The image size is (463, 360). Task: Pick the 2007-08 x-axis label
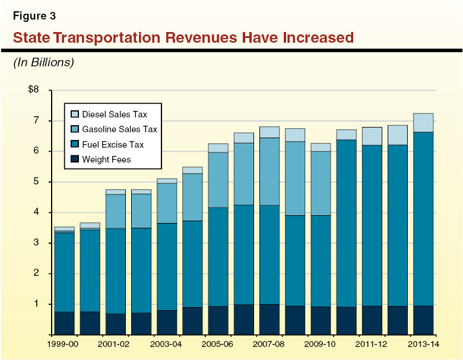[x=269, y=344]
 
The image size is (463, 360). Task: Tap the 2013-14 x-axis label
[x=423, y=344]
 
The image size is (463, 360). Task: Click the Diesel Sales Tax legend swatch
[x=74, y=114]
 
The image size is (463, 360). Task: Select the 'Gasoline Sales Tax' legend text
[x=119, y=129]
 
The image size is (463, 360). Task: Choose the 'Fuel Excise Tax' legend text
[x=113, y=144]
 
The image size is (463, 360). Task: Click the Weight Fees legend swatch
[x=74, y=159]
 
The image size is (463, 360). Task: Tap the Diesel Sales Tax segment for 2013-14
[x=423, y=123]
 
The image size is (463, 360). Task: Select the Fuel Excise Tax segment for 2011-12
[x=372, y=225]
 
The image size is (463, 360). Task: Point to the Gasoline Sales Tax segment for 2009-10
[x=321, y=183]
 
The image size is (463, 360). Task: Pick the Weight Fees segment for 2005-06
[x=218, y=320]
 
